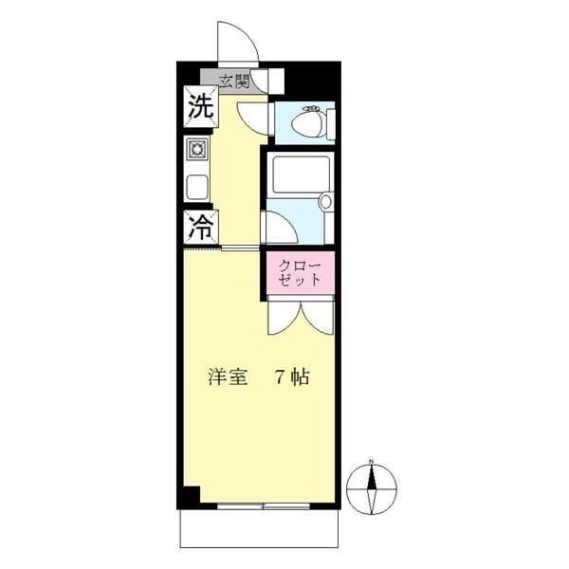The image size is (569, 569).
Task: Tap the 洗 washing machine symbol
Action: pyautogui.click(x=201, y=106)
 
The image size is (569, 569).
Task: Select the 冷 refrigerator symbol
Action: pyautogui.click(x=201, y=228)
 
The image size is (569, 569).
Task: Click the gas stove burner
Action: pyautogui.click(x=197, y=149)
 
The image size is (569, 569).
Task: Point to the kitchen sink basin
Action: pyautogui.click(x=197, y=187)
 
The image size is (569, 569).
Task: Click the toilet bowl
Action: pyautogui.click(x=308, y=123)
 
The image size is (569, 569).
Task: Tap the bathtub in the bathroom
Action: pyautogui.click(x=301, y=174)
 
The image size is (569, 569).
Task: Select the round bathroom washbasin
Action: pyautogui.click(x=326, y=202)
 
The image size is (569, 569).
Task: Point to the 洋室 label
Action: pyautogui.click(x=228, y=376)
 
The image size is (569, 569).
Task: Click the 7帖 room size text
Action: pyautogui.click(x=292, y=376)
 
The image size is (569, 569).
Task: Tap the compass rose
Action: pyautogui.click(x=371, y=489)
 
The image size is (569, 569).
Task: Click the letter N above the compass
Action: pyautogui.click(x=371, y=462)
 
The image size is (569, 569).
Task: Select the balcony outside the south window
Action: pyautogui.click(x=260, y=528)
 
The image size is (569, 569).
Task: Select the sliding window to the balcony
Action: pyautogui.click(x=264, y=505)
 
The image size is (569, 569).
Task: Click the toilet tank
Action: pyautogui.click(x=331, y=123)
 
